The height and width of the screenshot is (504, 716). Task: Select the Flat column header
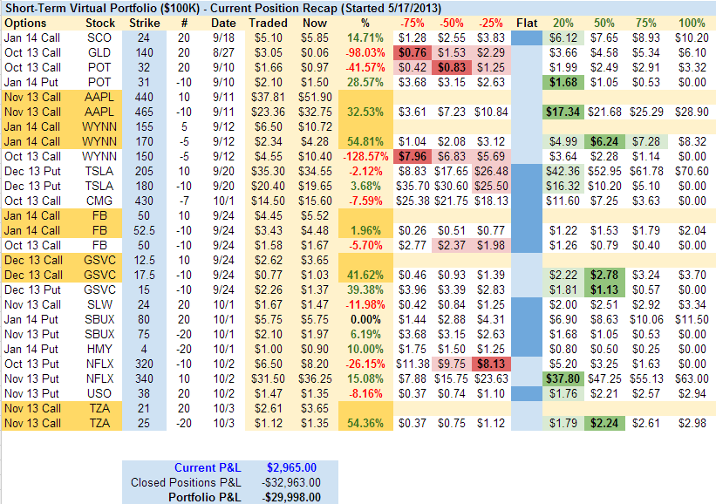(x=526, y=22)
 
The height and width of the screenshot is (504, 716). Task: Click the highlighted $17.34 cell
(x=565, y=112)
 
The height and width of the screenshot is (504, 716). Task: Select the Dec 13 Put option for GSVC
(x=31, y=289)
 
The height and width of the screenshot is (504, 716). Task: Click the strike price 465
(x=144, y=112)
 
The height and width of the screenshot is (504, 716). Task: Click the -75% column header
(x=413, y=22)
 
